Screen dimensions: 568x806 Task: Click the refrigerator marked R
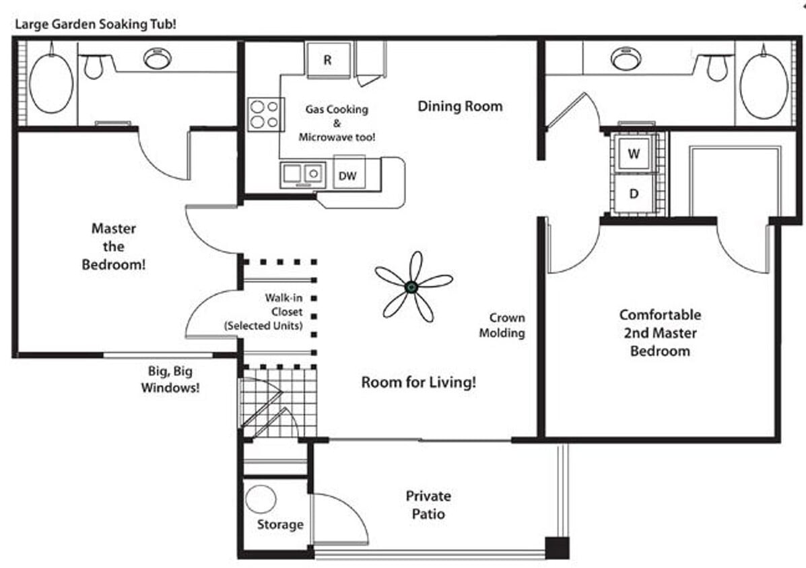(x=328, y=60)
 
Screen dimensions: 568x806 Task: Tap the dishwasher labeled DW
(x=348, y=176)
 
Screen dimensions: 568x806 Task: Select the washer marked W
(x=634, y=153)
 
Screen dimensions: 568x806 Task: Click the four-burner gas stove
(x=263, y=114)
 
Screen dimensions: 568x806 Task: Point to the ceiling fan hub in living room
(x=411, y=287)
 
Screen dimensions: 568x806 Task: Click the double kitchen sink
(x=303, y=174)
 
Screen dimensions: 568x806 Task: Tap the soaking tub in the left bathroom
(x=51, y=83)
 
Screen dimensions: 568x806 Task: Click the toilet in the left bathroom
(x=94, y=66)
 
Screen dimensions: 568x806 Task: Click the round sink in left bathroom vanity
(x=157, y=59)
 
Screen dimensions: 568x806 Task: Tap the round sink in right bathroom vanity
(x=626, y=59)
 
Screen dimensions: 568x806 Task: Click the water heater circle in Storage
(x=261, y=499)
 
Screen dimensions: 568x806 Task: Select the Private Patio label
(x=428, y=505)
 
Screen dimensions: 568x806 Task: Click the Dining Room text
(x=460, y=106)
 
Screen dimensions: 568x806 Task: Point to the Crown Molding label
(x=506, y=325)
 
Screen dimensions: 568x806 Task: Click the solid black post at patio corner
(x=557, y=547)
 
